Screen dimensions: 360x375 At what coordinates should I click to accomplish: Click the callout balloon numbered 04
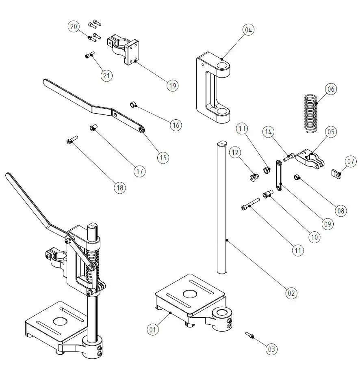coord(248,30)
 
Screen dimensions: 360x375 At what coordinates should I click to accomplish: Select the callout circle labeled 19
coord(173,86)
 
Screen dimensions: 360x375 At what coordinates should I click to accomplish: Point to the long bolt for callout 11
coord(251,204)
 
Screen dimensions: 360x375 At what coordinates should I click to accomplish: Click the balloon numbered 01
coord(153,330)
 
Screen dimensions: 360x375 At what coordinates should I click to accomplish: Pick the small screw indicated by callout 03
coord(249,335)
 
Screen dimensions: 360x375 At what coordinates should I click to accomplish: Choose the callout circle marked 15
coord(163,157)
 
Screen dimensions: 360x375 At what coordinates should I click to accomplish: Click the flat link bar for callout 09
coord(279,175)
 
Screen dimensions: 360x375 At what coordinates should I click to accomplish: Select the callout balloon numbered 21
coord(106,75)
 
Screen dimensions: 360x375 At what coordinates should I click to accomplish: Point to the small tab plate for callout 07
coord(336,174)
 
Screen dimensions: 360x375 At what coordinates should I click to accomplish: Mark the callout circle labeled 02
coord(291,293)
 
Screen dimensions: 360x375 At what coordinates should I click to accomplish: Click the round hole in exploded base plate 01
coord(190,294)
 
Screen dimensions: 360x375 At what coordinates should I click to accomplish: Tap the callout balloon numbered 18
coord(120,187)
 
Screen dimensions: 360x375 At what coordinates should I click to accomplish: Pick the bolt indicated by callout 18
coord(72,140)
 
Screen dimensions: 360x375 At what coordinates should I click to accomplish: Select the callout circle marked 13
coord(242,128)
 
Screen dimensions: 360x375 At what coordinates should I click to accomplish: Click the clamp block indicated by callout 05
coord(310,159)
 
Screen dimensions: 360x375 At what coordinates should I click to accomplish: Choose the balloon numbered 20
coord(74,26)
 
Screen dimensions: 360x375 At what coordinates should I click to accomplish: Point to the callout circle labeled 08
coord(341,211)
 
